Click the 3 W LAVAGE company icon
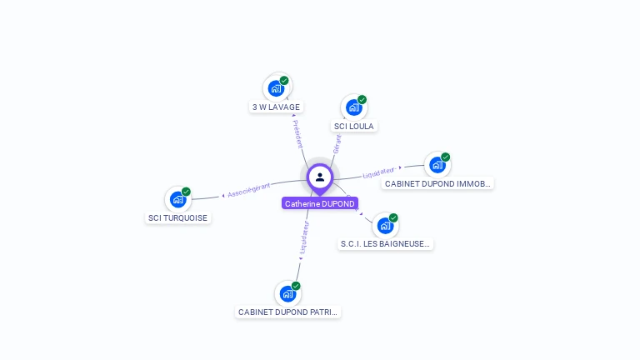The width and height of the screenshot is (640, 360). coord(277,88)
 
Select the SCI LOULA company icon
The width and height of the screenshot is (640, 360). coord(354,107)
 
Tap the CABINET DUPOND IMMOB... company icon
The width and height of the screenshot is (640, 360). coord(437,165)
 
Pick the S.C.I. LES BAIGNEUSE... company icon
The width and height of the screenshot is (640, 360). coord(385,225)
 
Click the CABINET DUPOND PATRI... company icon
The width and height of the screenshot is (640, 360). coord(288,293)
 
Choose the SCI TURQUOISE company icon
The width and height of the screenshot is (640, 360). coord(177,199)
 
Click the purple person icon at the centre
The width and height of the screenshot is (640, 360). coord(320,177)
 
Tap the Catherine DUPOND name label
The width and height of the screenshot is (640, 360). coord(320,203)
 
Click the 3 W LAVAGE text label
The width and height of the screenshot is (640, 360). coord(277,107)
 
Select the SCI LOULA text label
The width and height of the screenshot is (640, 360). coord(354,127)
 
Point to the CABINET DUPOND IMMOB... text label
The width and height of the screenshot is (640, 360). coord(437,183)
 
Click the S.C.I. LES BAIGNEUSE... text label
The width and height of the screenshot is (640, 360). coord(386,244)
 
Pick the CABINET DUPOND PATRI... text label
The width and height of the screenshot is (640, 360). coord(288,312)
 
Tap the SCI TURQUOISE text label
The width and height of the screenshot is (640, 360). coord(177,218)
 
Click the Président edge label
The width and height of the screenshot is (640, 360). coord(297,133)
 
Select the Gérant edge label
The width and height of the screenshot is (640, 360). coord(337,143)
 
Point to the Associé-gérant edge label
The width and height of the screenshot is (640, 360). coord(248,189)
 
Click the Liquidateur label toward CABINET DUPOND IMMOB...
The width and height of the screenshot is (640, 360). coord(379,172)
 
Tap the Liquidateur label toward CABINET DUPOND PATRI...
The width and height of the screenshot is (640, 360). coord(304,237)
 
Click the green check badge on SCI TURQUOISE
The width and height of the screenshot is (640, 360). coord(186,192)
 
